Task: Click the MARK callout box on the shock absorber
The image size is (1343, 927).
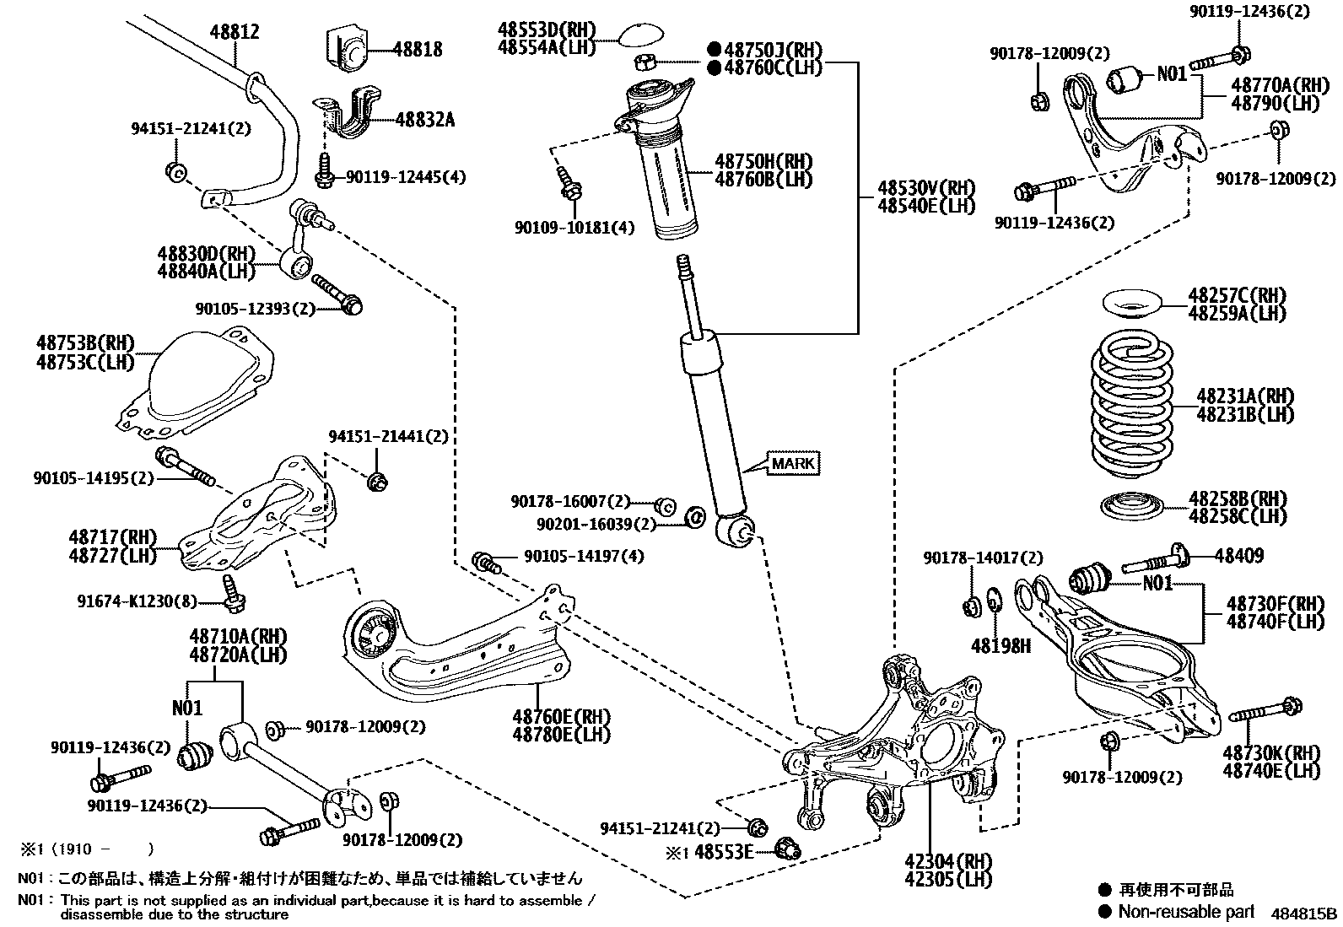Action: click(x=794, y=463)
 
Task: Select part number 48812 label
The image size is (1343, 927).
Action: click(x=235, y=32)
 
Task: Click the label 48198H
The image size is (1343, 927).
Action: click(x=1001, y=646)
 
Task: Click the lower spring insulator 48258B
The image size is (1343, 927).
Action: click(x=1133, y=507)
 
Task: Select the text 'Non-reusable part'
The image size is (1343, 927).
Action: click(x=1186, y=911)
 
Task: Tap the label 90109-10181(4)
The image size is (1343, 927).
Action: click(x=574, y=227)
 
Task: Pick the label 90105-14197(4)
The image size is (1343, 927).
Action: click(x=584, y=556)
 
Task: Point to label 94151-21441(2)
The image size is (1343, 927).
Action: click(x=388, y=436)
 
